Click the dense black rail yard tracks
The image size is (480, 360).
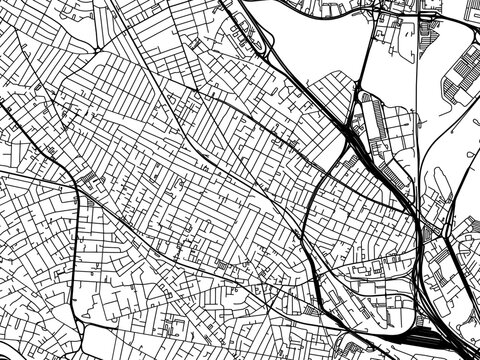click(436, 334)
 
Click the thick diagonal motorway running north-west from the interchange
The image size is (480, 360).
click(300, 90)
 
